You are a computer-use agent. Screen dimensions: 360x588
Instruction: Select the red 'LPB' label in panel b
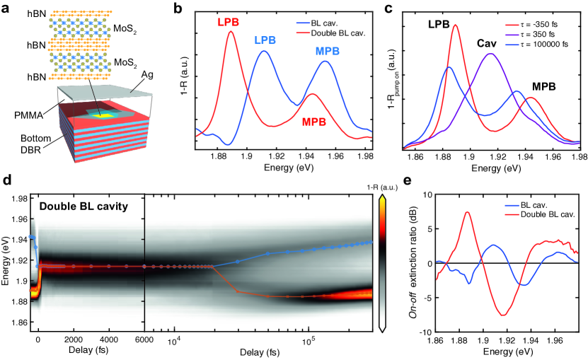click(229, 21)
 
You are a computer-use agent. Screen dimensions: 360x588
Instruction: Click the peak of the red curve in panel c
click(455, 25)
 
